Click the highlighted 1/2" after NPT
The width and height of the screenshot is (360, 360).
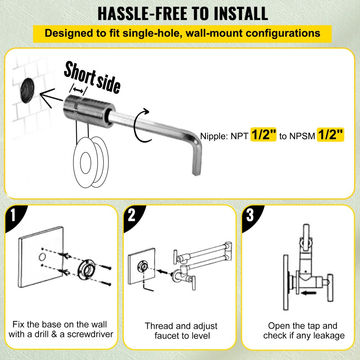[263, 136]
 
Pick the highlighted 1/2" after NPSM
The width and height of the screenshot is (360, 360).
[330, 136]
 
